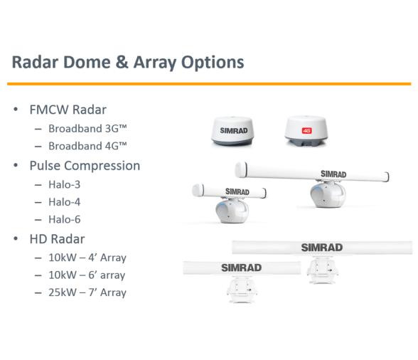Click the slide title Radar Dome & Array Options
coord(128,62)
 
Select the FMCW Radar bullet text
coord(68,110)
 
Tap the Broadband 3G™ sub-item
coord(87,128)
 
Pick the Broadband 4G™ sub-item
coord(87,146)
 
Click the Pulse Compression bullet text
coord(85,165)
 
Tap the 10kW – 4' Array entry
coord(87,258)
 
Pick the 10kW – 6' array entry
coord(87,275)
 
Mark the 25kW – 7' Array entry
coord(87,292)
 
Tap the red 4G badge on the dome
coord(308,130)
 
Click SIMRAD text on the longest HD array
coord(321,248)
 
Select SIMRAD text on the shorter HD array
coord(241,268)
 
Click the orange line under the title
coord(209,84)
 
